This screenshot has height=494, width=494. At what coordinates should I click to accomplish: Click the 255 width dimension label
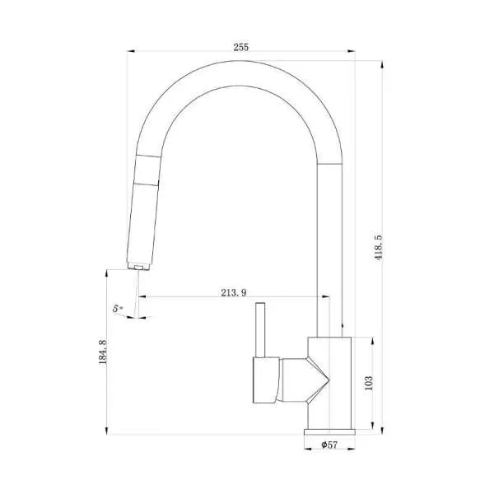click(241, 47)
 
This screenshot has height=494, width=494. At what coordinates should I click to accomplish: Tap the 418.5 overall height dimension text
click(378, 247)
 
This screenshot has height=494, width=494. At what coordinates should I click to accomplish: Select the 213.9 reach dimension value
click(234, 292)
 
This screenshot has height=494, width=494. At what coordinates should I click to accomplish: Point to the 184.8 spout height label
click(103, 352)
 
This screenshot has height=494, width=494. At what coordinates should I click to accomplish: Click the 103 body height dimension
click(369, 383)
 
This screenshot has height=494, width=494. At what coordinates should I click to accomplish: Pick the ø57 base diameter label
click(329, 445)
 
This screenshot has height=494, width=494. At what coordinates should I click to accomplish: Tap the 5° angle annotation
click(118, 309)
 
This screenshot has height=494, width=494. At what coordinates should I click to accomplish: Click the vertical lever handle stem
click(260, 330)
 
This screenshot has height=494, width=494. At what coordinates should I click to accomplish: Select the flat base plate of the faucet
click(329, 432)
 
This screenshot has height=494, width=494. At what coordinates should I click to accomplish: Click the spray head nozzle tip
click(138, 268)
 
